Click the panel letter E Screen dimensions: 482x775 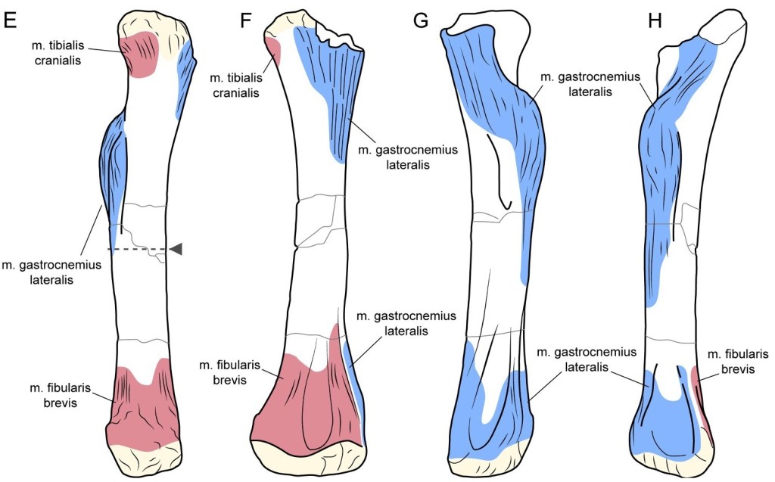point(11,20)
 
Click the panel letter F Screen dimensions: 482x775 point(246,20)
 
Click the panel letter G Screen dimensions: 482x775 point(422,20)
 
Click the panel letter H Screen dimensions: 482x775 point(655,20)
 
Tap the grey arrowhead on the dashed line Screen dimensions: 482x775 point(176,249)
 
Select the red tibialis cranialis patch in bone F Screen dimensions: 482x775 point(274,51)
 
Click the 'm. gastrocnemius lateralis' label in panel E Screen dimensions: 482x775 point(51,270)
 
